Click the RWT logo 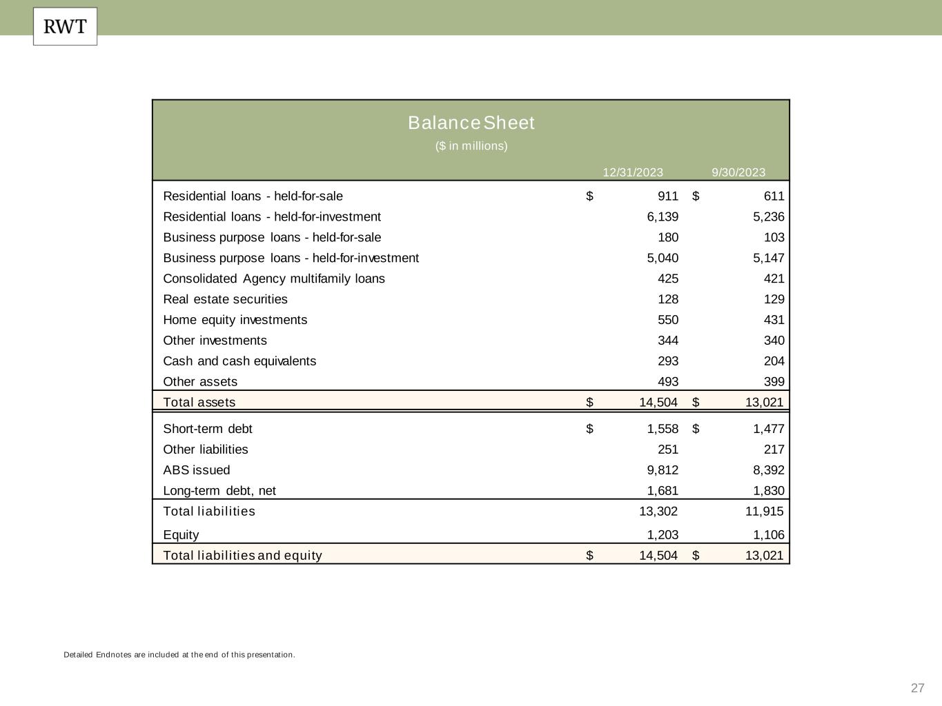coord(65,27)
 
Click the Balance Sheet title coord(471,123)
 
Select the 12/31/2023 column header coord(633,172)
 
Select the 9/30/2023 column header coord(738,172)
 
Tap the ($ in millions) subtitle coord(471,146)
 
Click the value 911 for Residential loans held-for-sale coord(667,196)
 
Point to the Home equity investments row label coord(235,320)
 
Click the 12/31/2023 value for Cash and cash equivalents coord(667,361)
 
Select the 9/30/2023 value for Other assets coord(773,382)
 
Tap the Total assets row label coord(199,403)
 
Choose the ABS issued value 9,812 coord(663,470)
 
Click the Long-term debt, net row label coord(219,491)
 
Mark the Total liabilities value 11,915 coord(764,512)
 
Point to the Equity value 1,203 coord(663,535)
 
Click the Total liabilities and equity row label coord(242,556)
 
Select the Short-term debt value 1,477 coord(768,429)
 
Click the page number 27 coord(917,688)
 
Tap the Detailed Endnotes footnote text coord(179,655)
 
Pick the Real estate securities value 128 coord(667,299)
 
